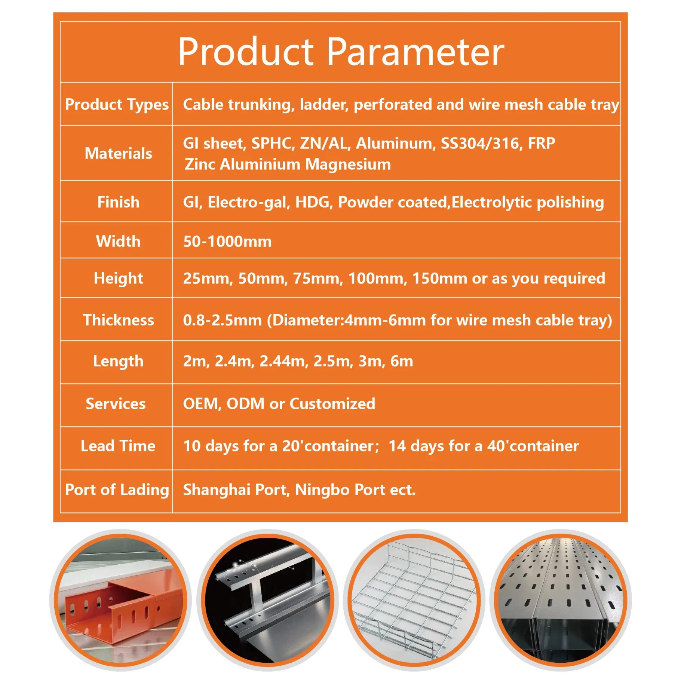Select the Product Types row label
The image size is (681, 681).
116,104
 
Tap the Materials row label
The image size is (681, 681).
118,153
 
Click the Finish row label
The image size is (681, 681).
118,202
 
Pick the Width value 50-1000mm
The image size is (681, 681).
227,241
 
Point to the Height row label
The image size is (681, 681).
118,278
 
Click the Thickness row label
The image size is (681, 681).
118,320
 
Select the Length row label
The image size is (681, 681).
118,361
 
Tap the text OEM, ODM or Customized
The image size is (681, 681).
279,404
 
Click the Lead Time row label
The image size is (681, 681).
118,446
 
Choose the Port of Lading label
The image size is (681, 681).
117,490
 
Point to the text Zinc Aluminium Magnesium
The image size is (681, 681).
287,164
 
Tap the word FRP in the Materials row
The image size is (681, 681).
541,143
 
